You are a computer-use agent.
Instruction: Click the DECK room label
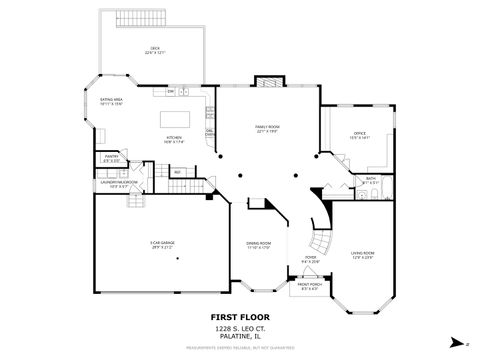point(155,50)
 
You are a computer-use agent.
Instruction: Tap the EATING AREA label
point(110,101)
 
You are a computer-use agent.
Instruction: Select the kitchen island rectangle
point(175,121)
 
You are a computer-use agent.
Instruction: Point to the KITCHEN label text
point(174,141)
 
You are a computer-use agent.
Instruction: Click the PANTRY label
point(111,158)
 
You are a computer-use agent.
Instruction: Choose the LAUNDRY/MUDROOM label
point(118,183)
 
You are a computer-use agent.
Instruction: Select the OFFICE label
point(359,135)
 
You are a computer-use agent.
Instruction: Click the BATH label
point(370,181)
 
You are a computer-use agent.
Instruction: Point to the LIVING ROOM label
point(361,256)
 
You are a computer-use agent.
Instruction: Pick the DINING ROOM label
point(259,245)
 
